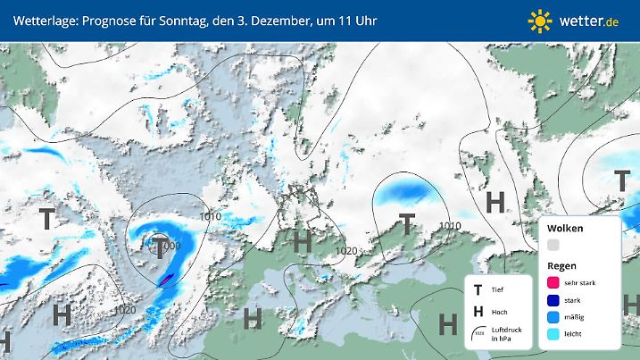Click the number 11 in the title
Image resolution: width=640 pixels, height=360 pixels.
pyautogui.click(x=332, y=20)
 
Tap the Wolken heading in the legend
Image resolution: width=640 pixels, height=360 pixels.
pyautogui.click(x=566, y=229)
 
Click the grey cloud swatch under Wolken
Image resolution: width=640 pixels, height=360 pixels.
pyautogui.click(x=553, y=245)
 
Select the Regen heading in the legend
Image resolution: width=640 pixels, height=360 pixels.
pyautogui.click(x=562, y=266)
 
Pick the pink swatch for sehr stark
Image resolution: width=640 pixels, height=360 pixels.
pyautogui.click(x=553, y=283)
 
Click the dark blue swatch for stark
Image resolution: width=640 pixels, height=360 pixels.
pyautogui.click(x=553, y=300)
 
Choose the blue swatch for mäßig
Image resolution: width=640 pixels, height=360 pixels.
pyautogui.click(x=553, y=317)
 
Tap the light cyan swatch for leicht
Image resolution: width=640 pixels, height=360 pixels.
pyautogui.click(x=553, y=334)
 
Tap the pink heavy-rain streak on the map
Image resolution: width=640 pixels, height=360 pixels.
pyautogui.click(x=165, y=280)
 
